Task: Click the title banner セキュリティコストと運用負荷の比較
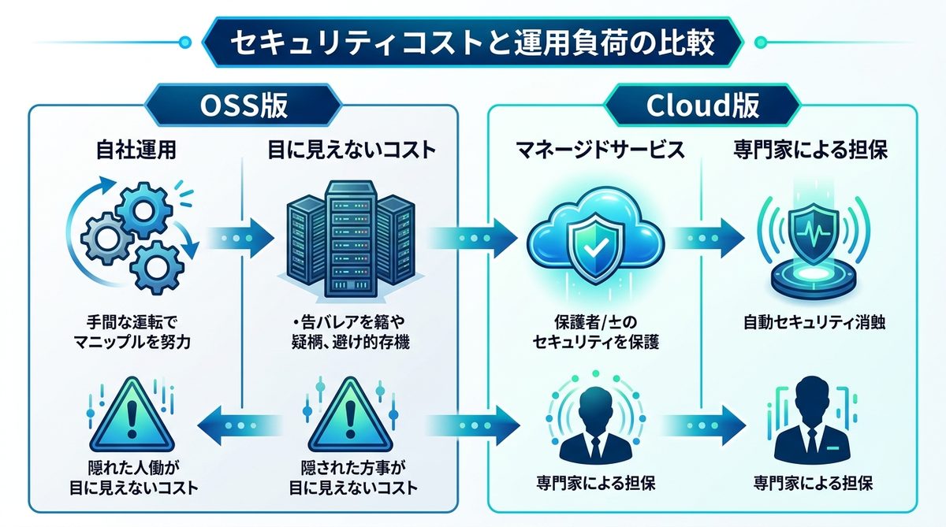[x=473, y=43]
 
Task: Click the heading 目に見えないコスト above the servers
[x=351, y=150]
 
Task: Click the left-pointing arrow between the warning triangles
[x=234, y=425]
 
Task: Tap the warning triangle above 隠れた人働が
[x=129, y=418]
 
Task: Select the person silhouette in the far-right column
[x=813, y=422]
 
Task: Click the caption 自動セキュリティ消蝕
[x=813, y=323]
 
